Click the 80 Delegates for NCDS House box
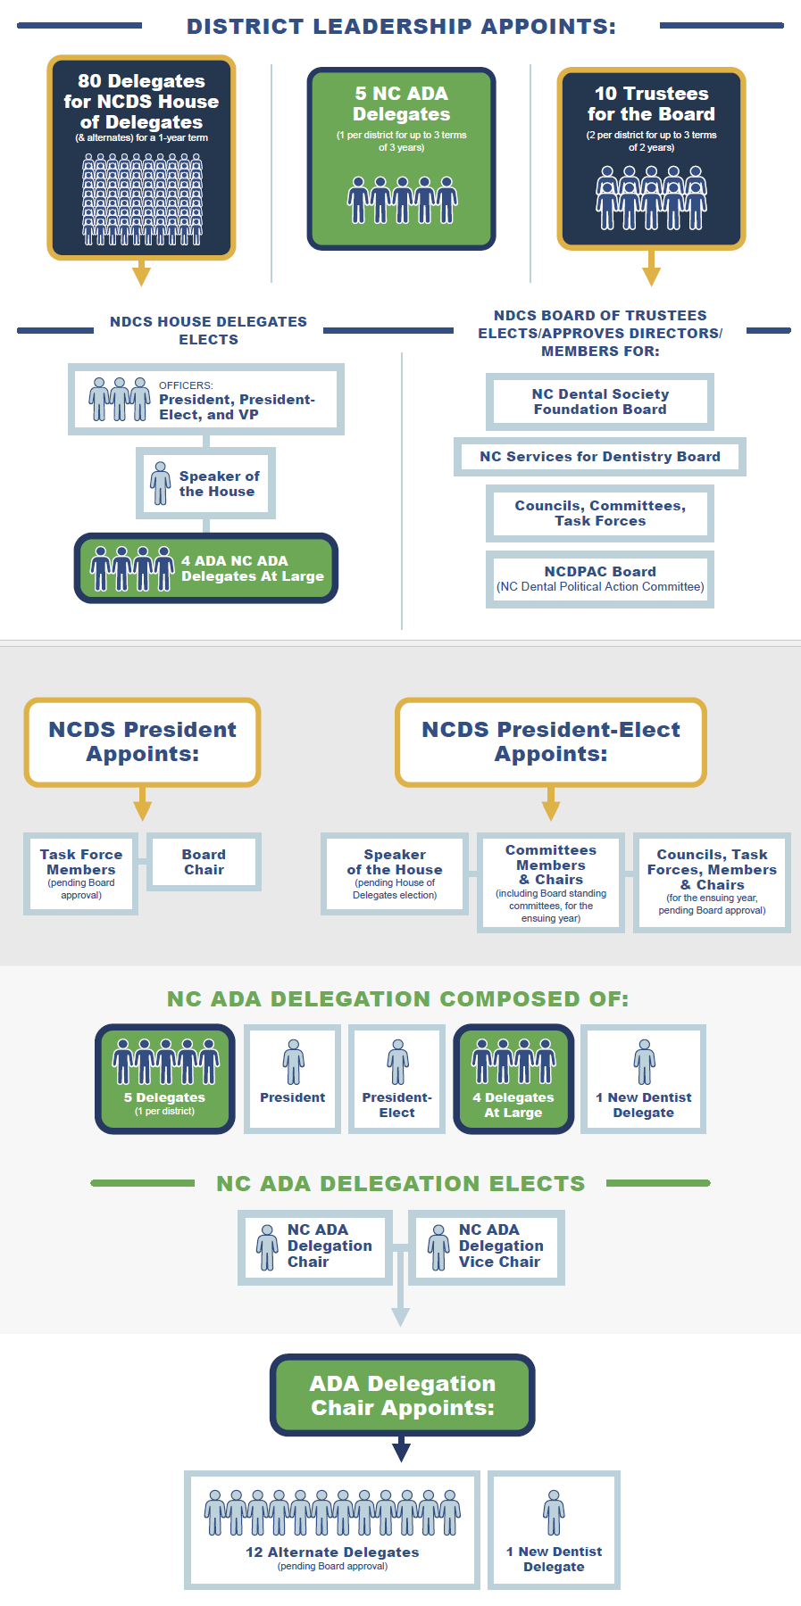tap(141, 158)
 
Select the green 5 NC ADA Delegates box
tap(401, 159)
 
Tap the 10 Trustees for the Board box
tap(651, 159)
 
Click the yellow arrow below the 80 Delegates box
tap(141, 273)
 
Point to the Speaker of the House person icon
tap(161, 484)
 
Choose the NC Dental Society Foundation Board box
tap(600, 401)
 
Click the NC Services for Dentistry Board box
tap(600, 457)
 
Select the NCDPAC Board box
tap(600, 579)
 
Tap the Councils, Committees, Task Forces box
tap(600, 513)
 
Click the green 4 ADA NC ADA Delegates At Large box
tap(206, 568)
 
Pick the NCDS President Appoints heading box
tap(143, 742)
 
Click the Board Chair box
tap(204, 862)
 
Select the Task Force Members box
tap(81, 873)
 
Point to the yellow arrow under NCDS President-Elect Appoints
tap(551, 805)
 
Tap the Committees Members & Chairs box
tap(551, 882)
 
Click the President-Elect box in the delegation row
tap(397, 1080)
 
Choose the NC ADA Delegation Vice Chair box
tap(487, 1246)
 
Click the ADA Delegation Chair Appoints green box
tap(403, 1395)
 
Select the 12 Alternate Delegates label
tap(332, 1552)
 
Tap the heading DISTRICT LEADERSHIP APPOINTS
tap(401, 27)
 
